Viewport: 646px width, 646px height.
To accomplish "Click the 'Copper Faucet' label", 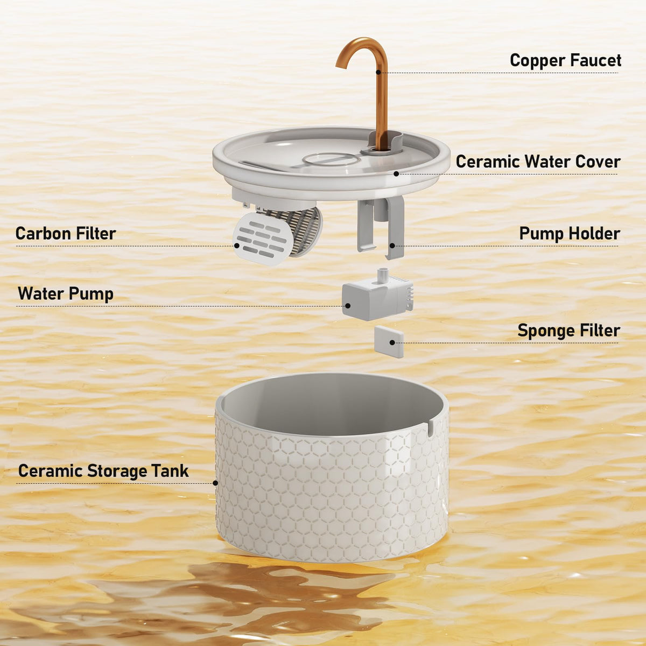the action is [x=565, y=60].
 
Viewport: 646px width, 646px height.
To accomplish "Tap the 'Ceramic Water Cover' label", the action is [x=538, y=161].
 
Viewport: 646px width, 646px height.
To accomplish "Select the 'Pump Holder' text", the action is [x=569, y=234].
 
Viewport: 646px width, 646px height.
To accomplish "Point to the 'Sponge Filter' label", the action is [x=568, y=331].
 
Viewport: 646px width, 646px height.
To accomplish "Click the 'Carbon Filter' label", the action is [x=66, y=234].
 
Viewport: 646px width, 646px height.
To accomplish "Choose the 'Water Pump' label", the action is [x=66, y=294].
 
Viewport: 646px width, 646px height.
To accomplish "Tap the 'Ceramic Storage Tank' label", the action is [x=103, y=471].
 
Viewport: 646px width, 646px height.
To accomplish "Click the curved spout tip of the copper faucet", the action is [x=340, y=65].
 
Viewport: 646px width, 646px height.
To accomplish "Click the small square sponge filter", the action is [x=389, y=342].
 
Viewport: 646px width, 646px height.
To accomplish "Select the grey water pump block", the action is [x=377, y=298].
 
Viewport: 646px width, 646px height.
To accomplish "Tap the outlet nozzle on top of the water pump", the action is [x=383, y=274].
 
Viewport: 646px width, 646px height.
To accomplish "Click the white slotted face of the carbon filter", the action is [x=259, y=239].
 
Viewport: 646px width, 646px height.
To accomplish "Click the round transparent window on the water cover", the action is [x=331, y=159].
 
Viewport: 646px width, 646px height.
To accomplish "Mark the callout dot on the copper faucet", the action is [x=378, y=72].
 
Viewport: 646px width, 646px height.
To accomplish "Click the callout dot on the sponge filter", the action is [x=392, y=342].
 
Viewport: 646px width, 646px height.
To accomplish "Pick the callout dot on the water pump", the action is [x=348, y=306].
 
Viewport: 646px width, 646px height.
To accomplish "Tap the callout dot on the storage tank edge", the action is [x=215, y=483].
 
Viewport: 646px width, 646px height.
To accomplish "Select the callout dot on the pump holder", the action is [x=392, y=245].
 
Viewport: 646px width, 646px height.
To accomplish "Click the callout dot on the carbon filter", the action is [x=237, y=245].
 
